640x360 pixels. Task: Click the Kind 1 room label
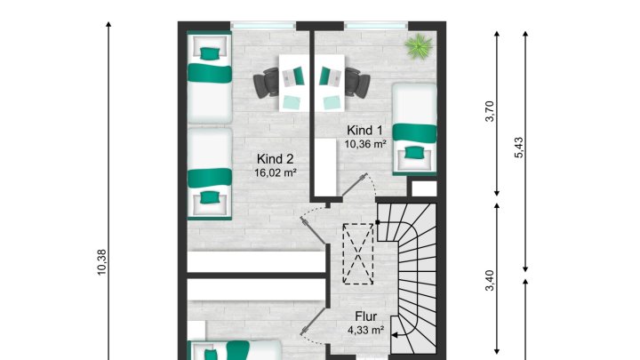pos(364,131)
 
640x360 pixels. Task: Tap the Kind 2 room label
pos(275,159)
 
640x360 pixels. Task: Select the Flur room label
pos(365,316)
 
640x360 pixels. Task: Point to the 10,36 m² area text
pos(365,144)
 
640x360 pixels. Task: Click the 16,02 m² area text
pos(275,172)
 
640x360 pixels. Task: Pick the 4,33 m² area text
pos(365,330)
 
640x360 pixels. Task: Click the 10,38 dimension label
pos(101,262)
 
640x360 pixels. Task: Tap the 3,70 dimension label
pos(490,111)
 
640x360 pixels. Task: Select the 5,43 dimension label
pos(518,148)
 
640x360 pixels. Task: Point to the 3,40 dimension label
pos(490,281)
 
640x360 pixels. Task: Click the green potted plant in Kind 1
pos(419,46)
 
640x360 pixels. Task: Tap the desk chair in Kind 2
pos(266,83)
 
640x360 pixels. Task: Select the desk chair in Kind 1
pos(357,82)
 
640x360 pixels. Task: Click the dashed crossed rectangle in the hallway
pos(358,254)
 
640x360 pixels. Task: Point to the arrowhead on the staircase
pos(395,335)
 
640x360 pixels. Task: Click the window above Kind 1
pos(376,26)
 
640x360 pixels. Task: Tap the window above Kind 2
pos(263,26)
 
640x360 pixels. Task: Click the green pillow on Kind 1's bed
pos(414,152)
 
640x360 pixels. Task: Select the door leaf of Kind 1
pos(354,185)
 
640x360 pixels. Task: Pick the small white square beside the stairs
pos(424,189)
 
